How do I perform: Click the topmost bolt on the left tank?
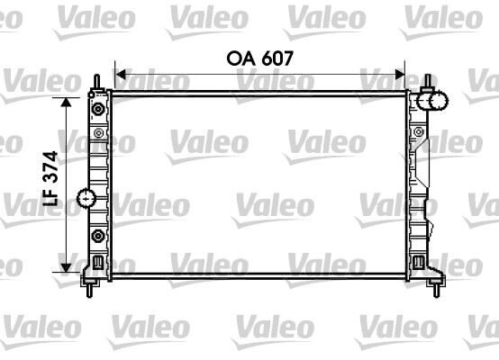tap(97, 109)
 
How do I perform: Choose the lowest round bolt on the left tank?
tap(97, 238)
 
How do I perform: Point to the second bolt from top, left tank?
tap(97, 133)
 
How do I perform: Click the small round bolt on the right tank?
tap(419, 134)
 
